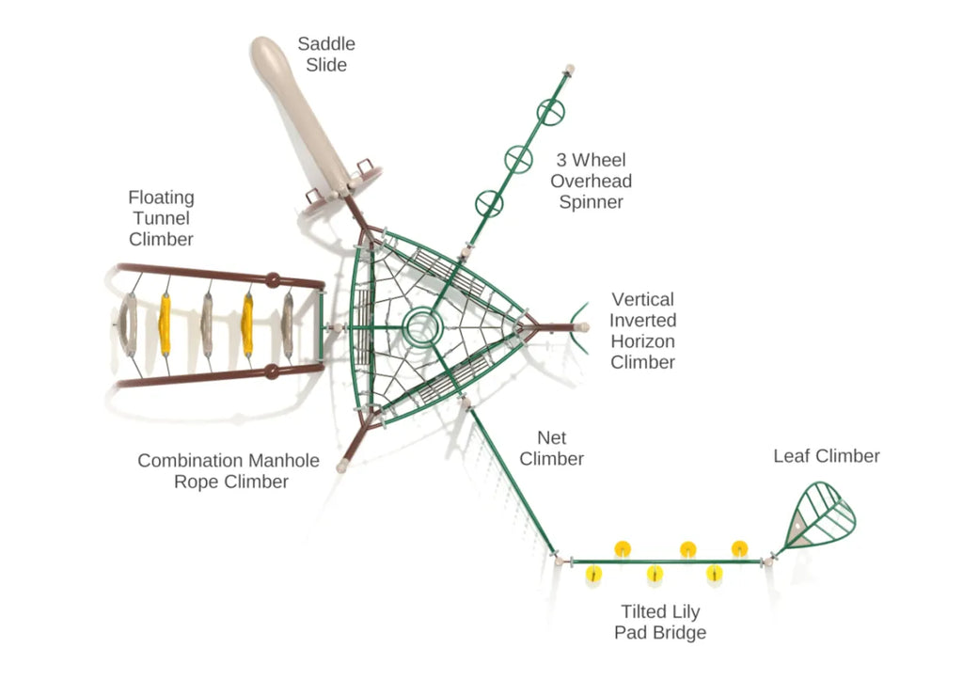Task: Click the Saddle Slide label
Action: pyautogui.click(x=326, y=55)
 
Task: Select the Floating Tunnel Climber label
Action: pyautogui.click(x=162, y=218)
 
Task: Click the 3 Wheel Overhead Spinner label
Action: pyautogui.click(x=591, y=181)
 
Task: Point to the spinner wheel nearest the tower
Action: pyautogui.click(x=489, y=201)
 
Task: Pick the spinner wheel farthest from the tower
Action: pyautogui.click(x=553, y=112)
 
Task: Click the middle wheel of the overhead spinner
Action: pyautogui.click(x=519, y=158)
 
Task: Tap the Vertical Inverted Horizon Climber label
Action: pyautogui.click(x=642, y=331)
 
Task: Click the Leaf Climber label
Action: pyautogui.click(x=827, y=456)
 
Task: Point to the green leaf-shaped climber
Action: pyautogui.click(x=820, y=516)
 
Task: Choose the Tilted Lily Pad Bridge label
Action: pyautogui.click(x=660, y=622)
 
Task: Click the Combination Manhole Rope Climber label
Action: pyautogui.click(x=229, y=471)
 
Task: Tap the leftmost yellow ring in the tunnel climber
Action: pyautogui.click(x=166, y=324)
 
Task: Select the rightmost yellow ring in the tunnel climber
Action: pyautogui.click(x=248, y=324)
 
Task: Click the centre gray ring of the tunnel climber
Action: pyautogui.click(x=207, y=324)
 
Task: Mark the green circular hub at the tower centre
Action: pyautogui.click(x=422, y=327)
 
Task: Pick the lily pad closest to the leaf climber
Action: pyautogui.click(x=740, y=547)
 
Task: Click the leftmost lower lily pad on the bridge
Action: pyautogui.click(x=593, y=573)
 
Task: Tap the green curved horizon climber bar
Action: pyautogui.click(x=579, y=327)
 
